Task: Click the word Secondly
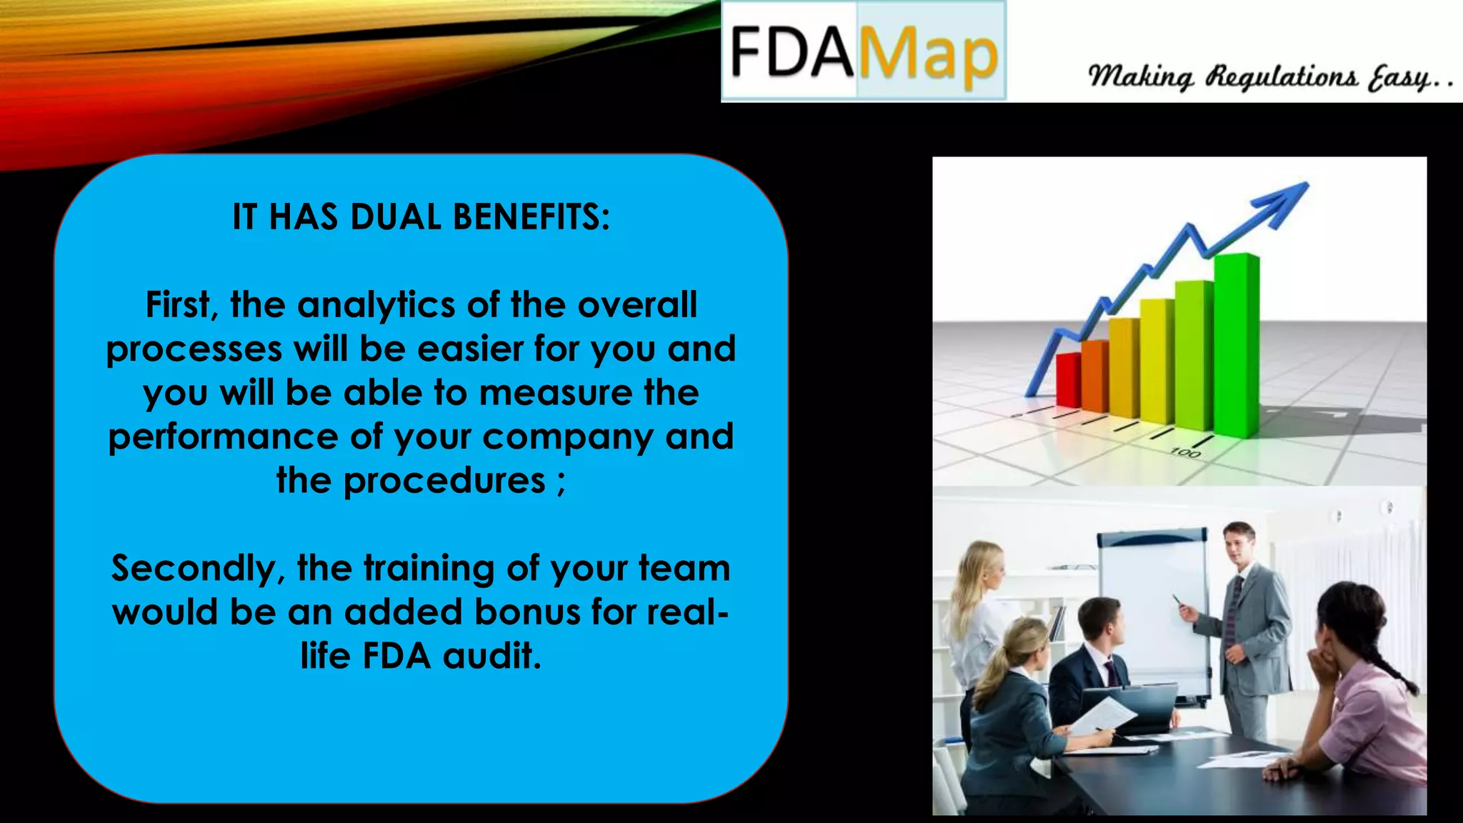pos(197,569)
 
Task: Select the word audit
pos(491,657)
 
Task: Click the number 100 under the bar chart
pos(1185,453)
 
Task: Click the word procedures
pos(444,482)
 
